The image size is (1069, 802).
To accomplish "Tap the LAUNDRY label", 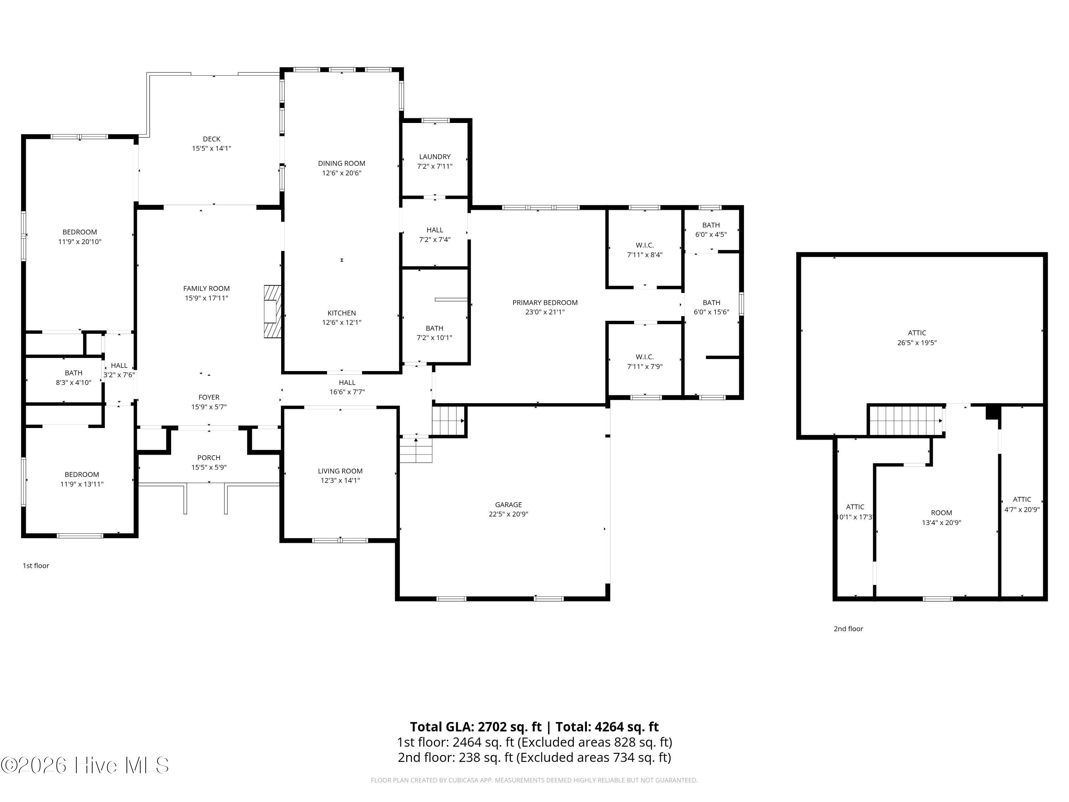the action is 435,156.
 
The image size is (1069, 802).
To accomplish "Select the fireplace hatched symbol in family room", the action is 273,311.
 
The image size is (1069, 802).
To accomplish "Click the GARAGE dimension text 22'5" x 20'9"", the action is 508,514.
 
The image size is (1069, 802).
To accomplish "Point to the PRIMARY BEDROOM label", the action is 545,303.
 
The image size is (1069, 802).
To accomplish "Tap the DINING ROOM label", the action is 342,163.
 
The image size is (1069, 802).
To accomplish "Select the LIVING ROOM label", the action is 340,471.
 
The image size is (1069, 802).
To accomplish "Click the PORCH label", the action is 209,458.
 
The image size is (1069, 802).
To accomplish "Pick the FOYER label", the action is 209,397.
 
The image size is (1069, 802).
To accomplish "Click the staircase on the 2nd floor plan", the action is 906,420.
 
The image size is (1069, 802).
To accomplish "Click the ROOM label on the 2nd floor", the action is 941,513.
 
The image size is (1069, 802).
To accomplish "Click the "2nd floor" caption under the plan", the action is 848,629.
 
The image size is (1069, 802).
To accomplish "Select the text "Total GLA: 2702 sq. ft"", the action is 476,727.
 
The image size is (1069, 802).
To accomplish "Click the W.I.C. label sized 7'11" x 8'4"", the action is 645,245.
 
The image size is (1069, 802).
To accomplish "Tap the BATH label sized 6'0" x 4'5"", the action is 711,225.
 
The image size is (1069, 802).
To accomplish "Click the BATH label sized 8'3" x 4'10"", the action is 73,373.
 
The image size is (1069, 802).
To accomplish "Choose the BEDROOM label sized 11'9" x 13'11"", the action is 82,475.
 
